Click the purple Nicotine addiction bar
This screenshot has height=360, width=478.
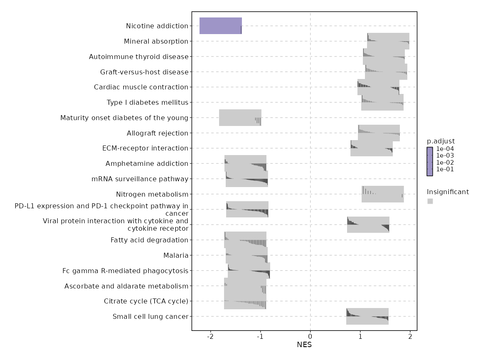pyautogui.click(x=220, y=26)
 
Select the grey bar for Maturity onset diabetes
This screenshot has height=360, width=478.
pyautogui.click(x=240, y=118)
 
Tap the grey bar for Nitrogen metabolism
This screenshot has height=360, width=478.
pyautogui.click(x=382, y=194)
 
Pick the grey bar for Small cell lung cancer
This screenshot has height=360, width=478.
pyautogui.click(x=367, y=316)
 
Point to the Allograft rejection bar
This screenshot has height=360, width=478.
pyautogui.click(x=379, y=133)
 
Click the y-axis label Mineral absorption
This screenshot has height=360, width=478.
pyautogui.click(x=156, y=42)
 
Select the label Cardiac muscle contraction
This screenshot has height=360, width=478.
pyautogui.click(x=141, y=87)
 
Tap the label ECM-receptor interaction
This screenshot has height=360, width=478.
pyautogui.click(x=145, y=148)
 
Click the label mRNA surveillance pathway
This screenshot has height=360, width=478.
pyautogui.click(x=140, y=179)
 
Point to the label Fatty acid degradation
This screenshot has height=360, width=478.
pyautogui.click(x=149, y=240)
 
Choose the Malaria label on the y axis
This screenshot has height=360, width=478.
pyautogui.click(x=176, y=256)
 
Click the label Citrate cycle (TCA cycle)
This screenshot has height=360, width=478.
pyautogui.click(x=146, y=301)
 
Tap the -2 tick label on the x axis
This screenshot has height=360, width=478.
pyautogui.click(x=210, y=336)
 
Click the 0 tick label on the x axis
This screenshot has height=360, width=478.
pyautogui.click(x=310, y=336)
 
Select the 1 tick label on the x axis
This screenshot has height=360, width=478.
pyautogui.click(x=360, y=336)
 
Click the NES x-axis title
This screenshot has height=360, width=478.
pyautogui.click(x=304, y=345)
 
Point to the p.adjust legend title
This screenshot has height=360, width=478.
pyautogui.click(x=441, y=141)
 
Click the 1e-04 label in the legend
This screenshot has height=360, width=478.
pyautogui.click(x=445, y=149)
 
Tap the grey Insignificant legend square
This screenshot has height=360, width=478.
pyautogui.click(x=430, y=201)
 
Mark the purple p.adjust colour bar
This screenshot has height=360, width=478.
pyautogui.click(x=430, y=161)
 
